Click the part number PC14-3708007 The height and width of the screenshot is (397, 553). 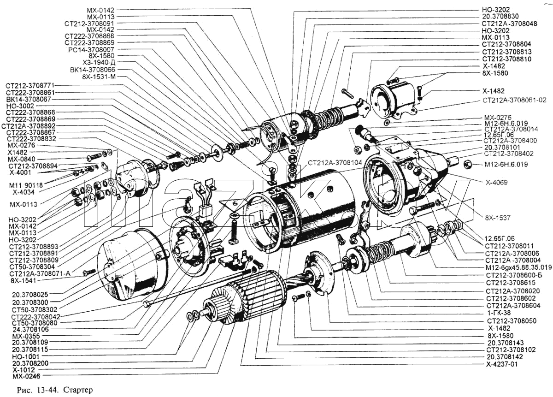click(x=91, y=50)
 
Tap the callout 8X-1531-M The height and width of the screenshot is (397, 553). click(x=99, y=77)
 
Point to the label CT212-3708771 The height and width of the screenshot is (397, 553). click(x=30, y=86)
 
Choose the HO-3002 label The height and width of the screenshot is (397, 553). click(x=20, y=106)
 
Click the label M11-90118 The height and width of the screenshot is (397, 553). click(x=26, y=185)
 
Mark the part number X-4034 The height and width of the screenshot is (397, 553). click(x=24, y=192)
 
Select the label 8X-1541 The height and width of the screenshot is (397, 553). click(x=24, y=281)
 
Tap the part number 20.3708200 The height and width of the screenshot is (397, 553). click(x=30, y=363)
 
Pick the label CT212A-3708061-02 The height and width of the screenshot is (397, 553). click(x=514, y=101)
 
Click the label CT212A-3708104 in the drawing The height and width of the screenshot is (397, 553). click(x=335, y=163)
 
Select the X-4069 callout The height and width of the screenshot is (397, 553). click(x=497, y=183)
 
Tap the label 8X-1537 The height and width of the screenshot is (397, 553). click(x=497, y=218)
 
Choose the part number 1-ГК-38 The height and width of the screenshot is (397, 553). click(x=499, y=313)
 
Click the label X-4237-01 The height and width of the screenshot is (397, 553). click(x=502, y=364)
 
